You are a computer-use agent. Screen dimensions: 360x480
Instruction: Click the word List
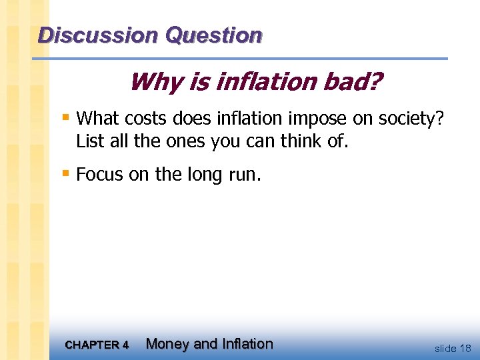(x=89, y=141)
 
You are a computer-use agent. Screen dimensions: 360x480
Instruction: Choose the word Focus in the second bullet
(x=97, y=175)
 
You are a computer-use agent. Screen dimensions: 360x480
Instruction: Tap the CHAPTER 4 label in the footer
(x=97, y=345)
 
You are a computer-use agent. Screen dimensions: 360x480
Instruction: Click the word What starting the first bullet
(x=95, y=119)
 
